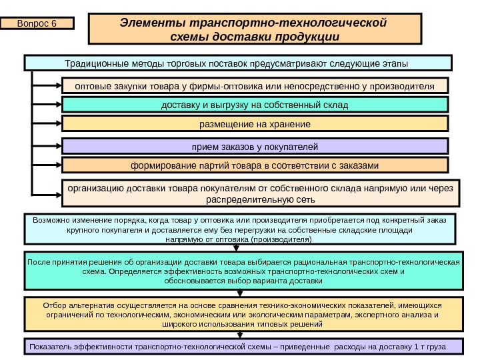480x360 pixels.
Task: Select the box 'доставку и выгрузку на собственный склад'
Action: [255, 105]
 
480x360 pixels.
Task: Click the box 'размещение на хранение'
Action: [255, 124]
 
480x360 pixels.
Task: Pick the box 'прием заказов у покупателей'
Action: [255, 146]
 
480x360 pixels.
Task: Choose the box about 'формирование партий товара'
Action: [255, 165]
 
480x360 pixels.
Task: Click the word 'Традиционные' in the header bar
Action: [94, 63]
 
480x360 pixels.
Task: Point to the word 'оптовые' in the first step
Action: [93, 85]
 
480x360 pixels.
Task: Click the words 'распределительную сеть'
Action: [261, 199]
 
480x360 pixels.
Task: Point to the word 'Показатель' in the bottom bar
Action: [51, 347]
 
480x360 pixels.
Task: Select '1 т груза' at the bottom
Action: [428, 347]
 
